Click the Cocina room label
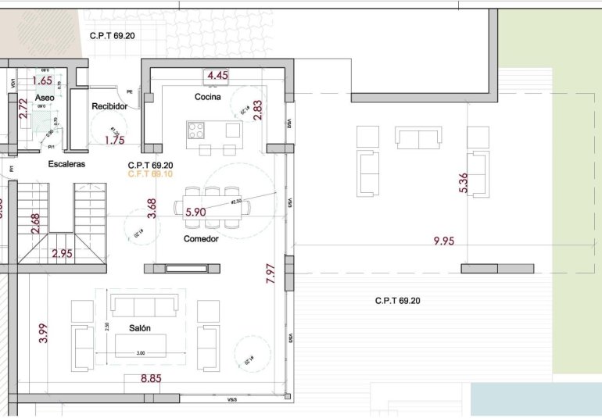pos(208,97)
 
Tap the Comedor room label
pos(201,238)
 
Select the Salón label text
pos(140,329)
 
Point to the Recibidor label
pos(109,106)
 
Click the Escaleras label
pos(66,164)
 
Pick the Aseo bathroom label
pos(45,97)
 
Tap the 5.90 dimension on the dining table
pos(195,212)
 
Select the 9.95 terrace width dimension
pos(443,241)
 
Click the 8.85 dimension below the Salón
pos(152,379)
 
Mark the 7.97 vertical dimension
pos(271,273)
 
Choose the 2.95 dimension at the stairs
pos(62,253)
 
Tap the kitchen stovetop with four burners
pos(195,130)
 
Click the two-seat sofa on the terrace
pos(418,138)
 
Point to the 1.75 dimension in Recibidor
pos(114,140)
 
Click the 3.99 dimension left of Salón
pos(43,334)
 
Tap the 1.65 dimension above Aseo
pos(42,80)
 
